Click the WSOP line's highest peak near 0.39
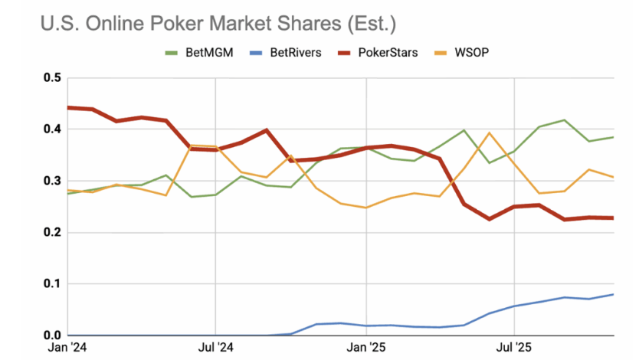(490, 133)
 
